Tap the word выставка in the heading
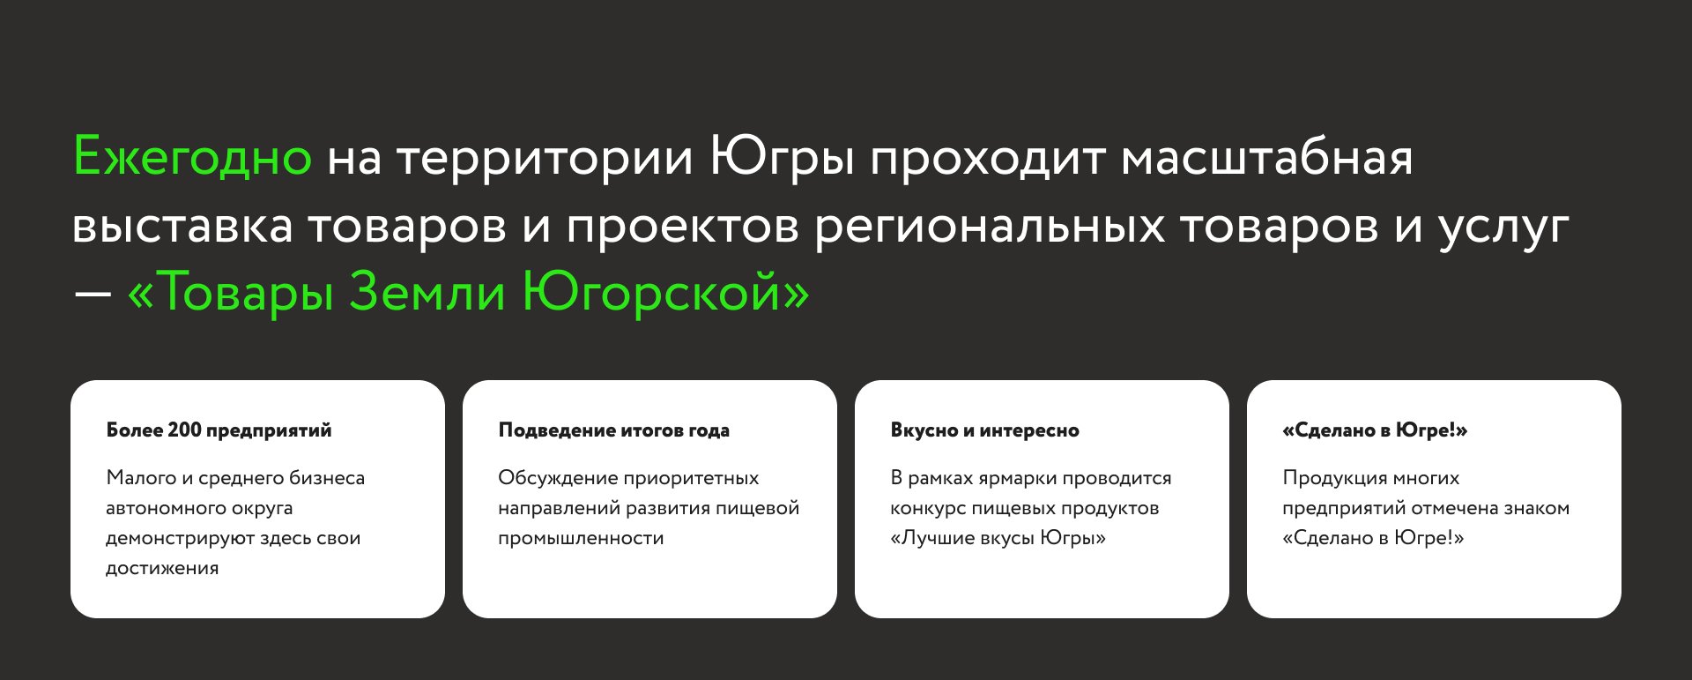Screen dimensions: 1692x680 click(182, 226)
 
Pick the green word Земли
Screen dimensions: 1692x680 click(427, 292)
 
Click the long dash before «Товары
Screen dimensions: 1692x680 click(92, 294)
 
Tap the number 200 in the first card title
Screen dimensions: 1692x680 click(185, 430)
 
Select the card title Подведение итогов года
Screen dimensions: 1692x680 click(613, 430)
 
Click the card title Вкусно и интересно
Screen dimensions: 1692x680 click(984, 430)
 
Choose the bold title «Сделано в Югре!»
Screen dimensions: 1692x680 click(1375, 430)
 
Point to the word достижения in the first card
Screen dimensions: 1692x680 click(162, 569)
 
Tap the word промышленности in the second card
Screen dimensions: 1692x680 click(581, 539)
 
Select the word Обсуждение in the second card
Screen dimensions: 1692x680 click(558, 478)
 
